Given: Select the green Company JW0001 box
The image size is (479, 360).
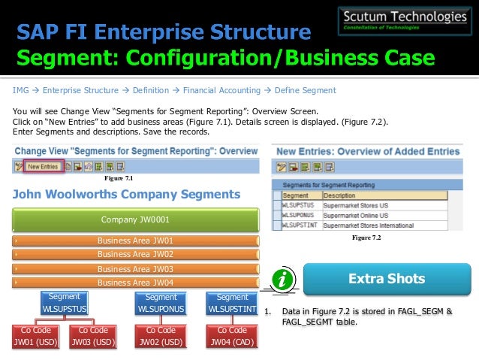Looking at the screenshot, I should (136, 220).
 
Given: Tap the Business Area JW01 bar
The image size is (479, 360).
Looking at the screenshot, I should (136, 241).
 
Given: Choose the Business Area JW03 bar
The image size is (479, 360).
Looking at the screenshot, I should (136, 269).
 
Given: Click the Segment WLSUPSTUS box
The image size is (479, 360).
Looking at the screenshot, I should (64, 303).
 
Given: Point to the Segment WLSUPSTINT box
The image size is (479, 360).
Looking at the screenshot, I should (232, 303).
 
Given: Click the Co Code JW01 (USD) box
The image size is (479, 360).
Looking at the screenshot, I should (37, 336).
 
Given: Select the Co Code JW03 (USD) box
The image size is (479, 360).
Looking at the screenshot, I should (94, 336).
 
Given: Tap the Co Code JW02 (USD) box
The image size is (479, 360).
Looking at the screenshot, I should (161, 336).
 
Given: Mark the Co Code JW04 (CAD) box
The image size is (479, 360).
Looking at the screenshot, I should (231, 336).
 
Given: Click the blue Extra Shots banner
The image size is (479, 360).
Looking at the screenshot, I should (387, 279).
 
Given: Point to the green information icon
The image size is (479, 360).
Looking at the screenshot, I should (282, 280).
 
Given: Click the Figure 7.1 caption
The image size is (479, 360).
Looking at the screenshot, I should (119, 178).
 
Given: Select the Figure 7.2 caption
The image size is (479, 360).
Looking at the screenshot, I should (366, 237).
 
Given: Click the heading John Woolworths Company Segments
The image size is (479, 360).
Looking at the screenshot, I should (127, 195).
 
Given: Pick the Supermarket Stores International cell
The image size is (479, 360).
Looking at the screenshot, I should (368, 225).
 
